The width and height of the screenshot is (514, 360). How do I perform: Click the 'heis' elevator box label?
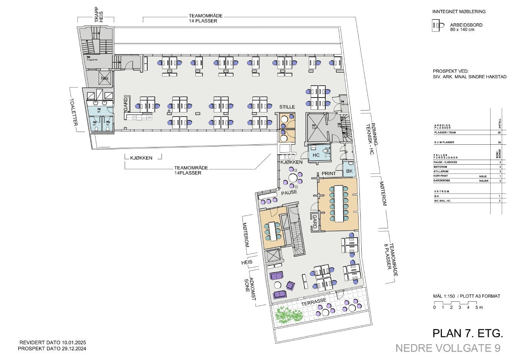click(x=105, y=78)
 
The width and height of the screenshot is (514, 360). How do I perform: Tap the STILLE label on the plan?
click(x=287, y=107)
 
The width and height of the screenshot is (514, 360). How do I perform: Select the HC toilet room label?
click(x=316, y=155)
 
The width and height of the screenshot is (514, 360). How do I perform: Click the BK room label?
click(x=349, y=171)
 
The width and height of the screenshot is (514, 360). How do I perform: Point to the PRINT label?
click(x=329, y=173)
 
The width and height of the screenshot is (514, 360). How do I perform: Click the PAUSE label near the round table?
click(x=289, y=192)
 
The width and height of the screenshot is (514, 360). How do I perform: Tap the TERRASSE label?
click(x=313, y=302)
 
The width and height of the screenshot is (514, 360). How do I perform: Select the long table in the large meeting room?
click(x=339, y=203)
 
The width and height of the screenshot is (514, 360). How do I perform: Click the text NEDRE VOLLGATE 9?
click(x=448, y=348)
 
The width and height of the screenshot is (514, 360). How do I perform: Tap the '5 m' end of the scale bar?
click(x=479, y=307)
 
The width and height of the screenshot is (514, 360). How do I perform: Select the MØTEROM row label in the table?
click(x=441, y=167)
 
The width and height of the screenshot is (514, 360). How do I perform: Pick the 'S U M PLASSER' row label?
click(x=444, y=142)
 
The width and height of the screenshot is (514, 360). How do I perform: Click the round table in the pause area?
click(x=293, y=177)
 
